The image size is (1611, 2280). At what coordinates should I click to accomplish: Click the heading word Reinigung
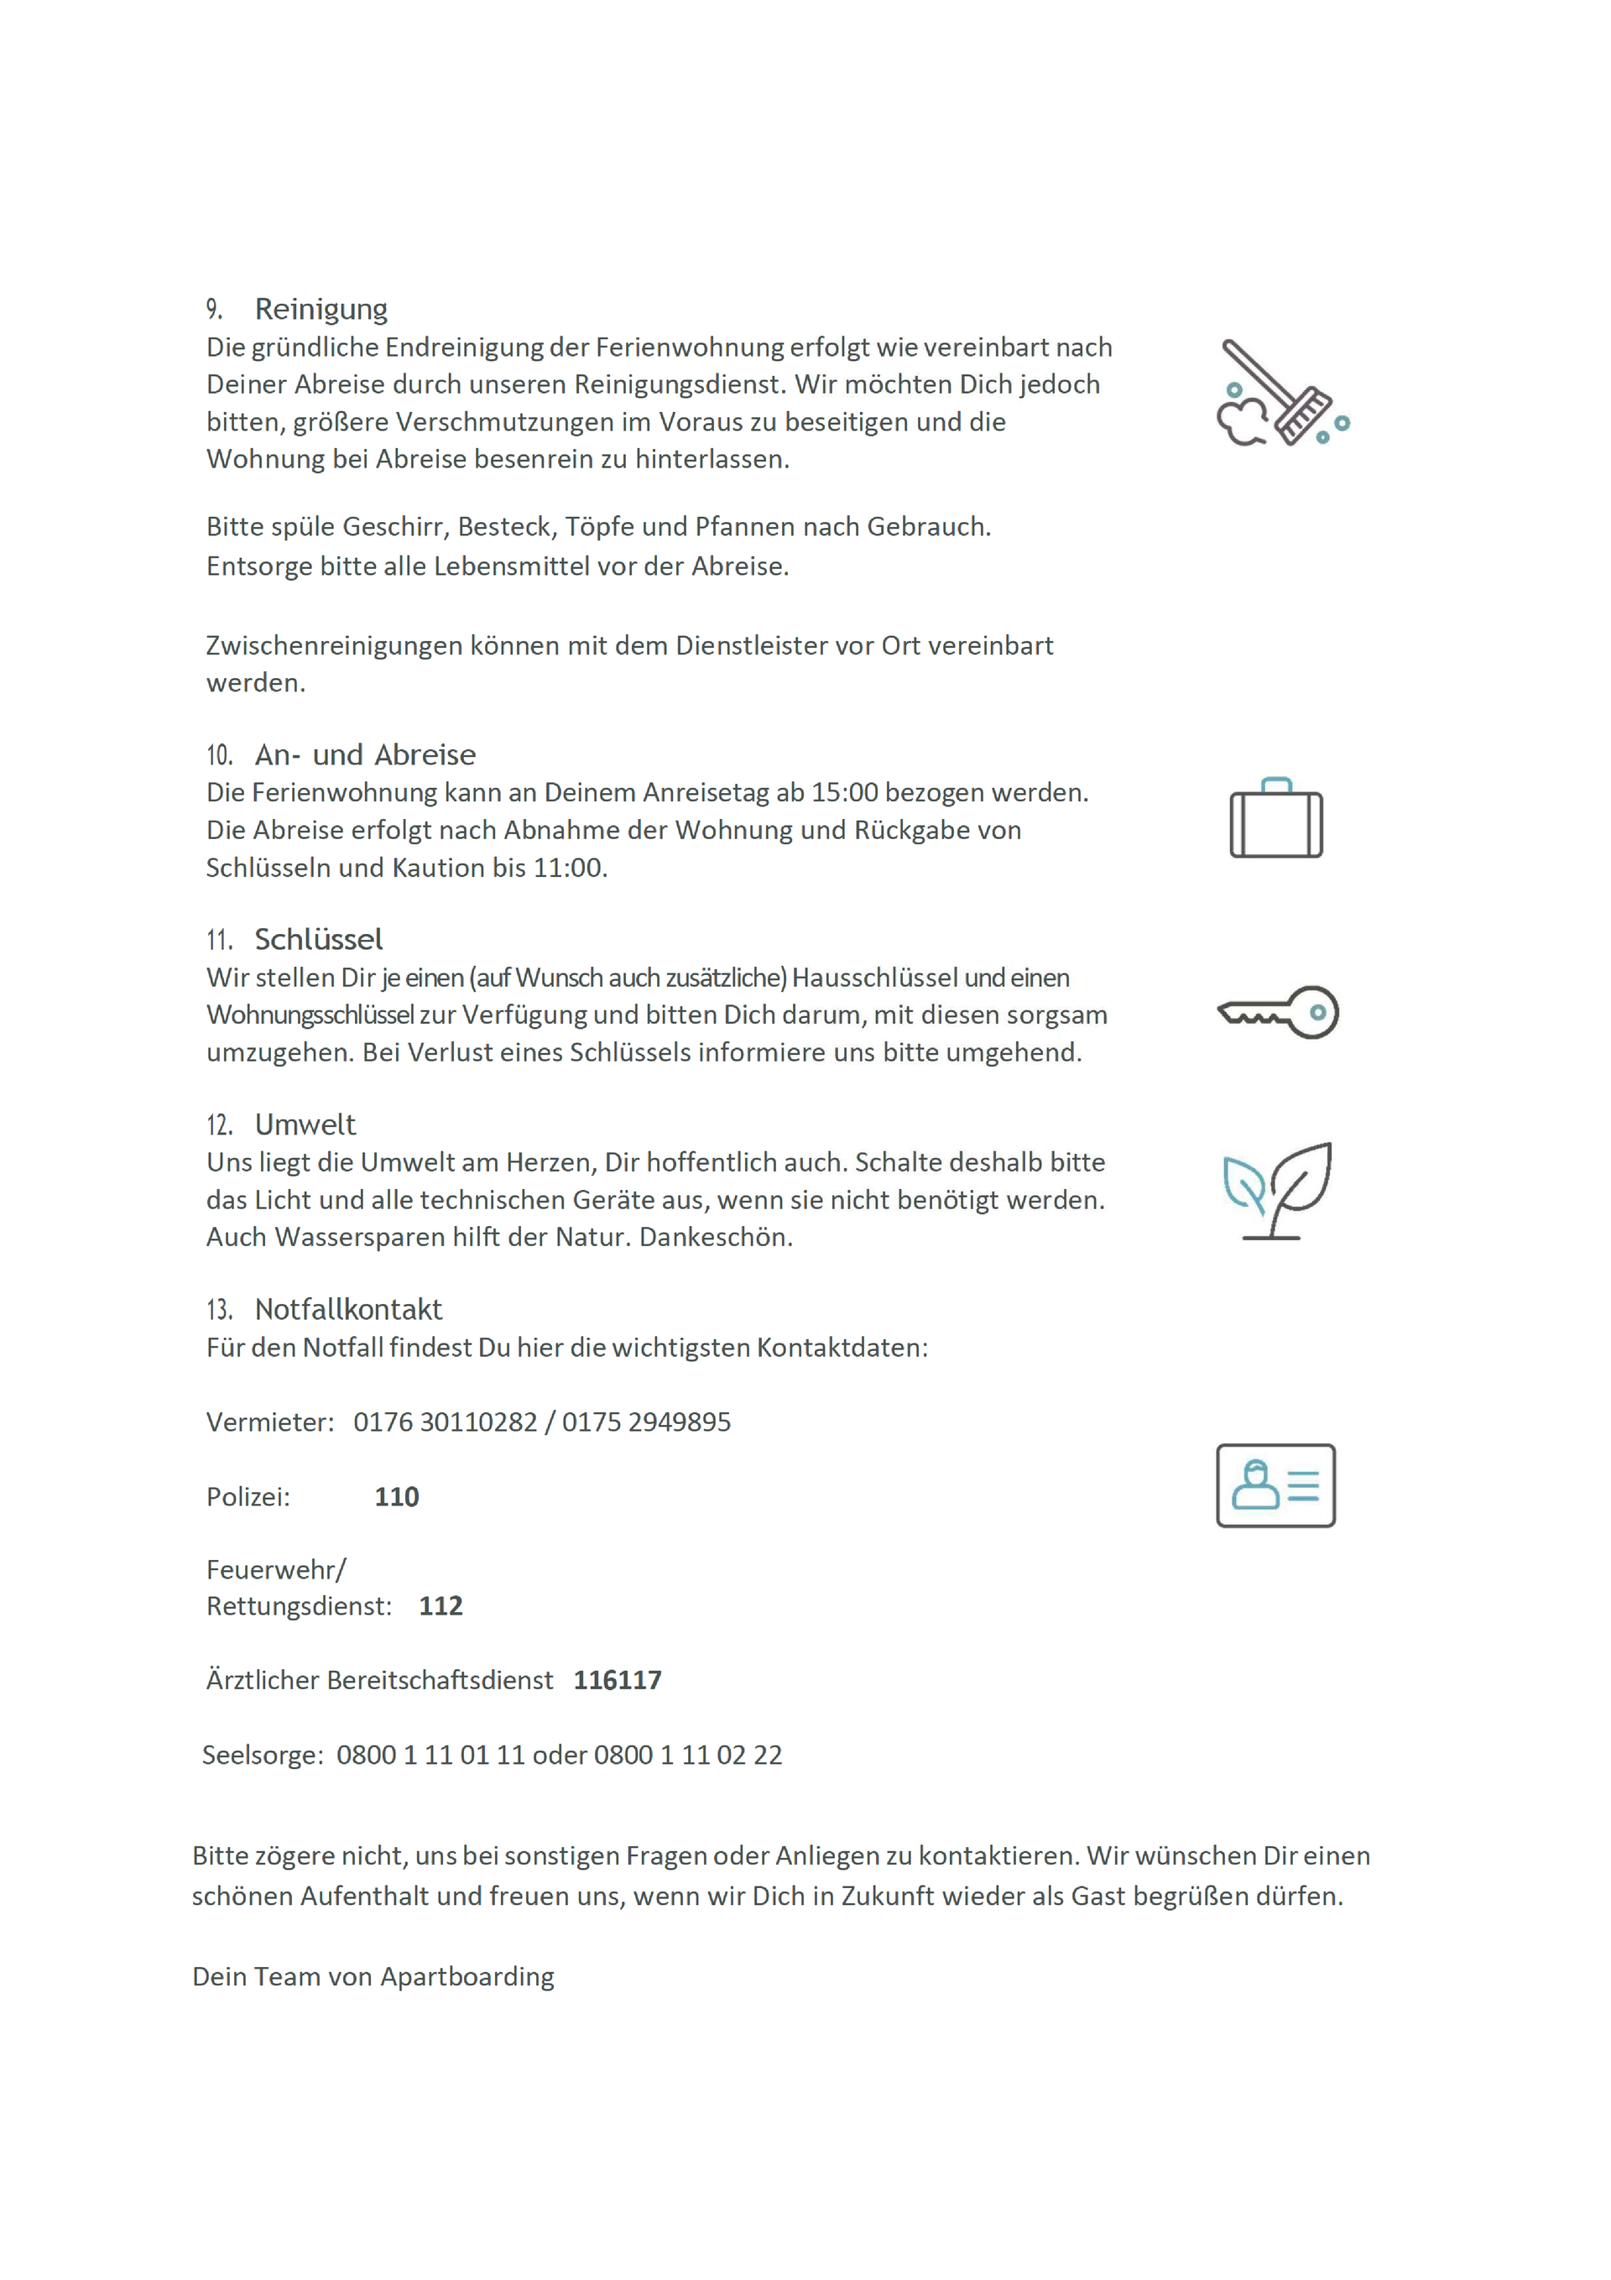[x=321, y=309]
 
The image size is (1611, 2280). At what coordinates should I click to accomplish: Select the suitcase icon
[x=1275, y=818]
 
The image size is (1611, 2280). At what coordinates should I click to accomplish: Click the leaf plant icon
[x=1277, y=1191]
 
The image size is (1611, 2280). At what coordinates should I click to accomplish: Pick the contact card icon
[x=1275, y=1484]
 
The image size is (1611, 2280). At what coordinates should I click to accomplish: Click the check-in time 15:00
[x=844, y=792]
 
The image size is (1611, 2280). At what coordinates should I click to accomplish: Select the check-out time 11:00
[x=567, y=868]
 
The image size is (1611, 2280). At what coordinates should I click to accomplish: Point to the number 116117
[x=617, y=1680]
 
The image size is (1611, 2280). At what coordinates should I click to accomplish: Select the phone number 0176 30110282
[x=445, y=1422]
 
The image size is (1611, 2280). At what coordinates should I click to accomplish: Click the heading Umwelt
[x=305, y=1124]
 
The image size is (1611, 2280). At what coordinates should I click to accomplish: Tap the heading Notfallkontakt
[x=347, y=1310]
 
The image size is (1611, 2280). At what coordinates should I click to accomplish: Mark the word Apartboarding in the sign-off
[x=467, y=1976]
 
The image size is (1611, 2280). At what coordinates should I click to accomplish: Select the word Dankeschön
[x=715, y=1237]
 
